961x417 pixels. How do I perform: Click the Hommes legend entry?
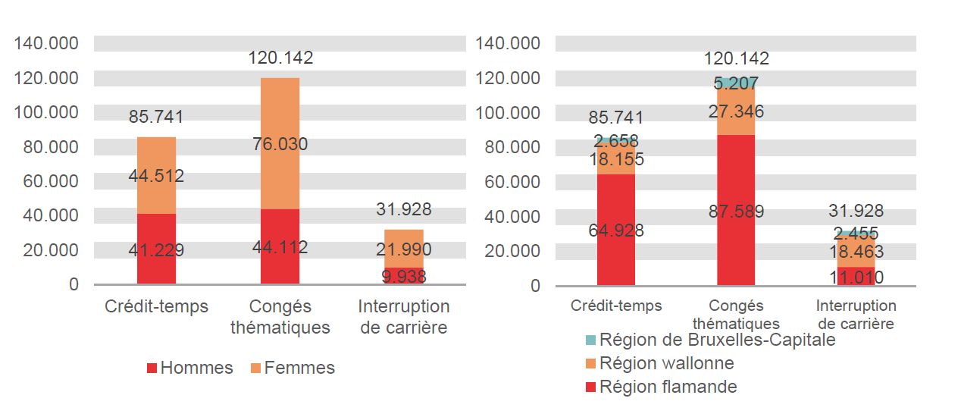(189, 368)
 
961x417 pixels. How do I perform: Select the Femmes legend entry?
(293, 368)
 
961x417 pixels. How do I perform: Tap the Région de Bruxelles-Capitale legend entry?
(710, 340)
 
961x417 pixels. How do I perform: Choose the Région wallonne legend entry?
(659, 363)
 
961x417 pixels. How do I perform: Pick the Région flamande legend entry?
(661, 387)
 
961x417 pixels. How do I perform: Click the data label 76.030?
(280, 144)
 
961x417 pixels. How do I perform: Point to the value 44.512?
(156, 177)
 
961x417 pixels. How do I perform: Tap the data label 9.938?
(403, 277)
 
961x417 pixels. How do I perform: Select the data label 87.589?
(736, 212)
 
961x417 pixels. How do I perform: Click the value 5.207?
(736, 83)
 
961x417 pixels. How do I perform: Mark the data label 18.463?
(856, 252)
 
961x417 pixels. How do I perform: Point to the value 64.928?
(615, 230)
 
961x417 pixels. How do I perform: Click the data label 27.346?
(736, 112)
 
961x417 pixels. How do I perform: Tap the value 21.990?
(403, 249)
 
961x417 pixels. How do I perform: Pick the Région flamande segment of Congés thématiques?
(736, 174)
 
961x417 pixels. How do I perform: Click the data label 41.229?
(156, 250)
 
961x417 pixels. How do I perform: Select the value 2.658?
(615, 141)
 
